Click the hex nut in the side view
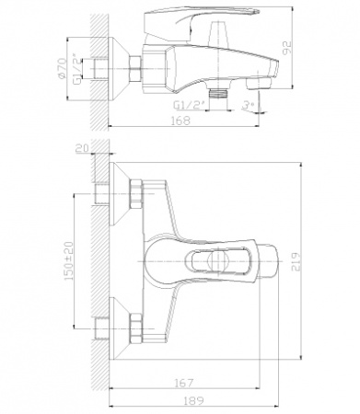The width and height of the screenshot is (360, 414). [135, 68]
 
